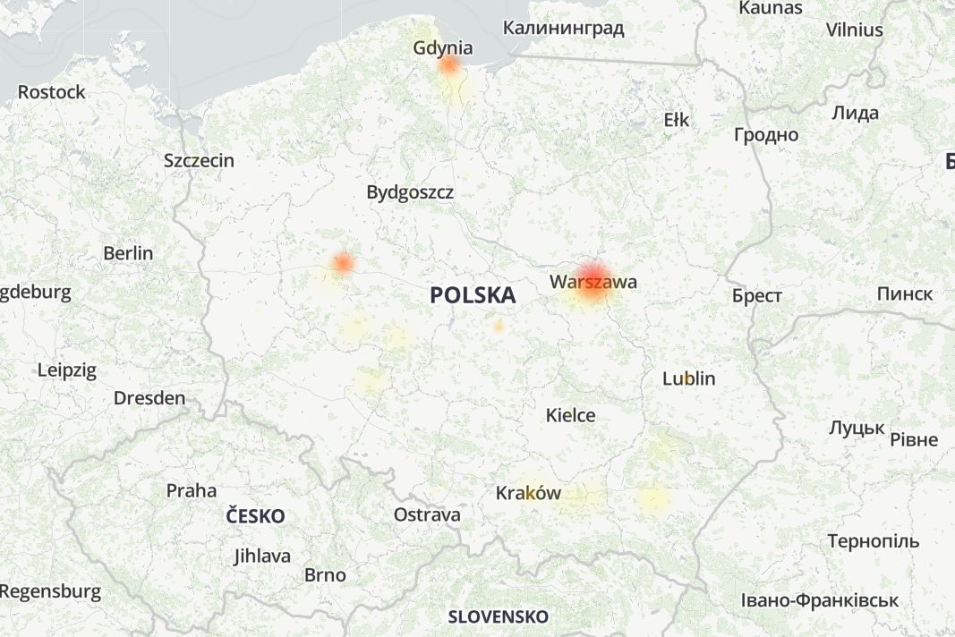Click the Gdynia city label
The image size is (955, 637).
[443, 47]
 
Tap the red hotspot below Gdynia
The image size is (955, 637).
[449, 65]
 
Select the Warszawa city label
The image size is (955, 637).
[593, 282]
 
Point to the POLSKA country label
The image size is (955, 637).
[473, 295]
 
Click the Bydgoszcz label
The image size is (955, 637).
[410, 192]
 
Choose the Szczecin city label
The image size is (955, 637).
[199, 161]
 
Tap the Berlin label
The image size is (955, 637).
[128, 253]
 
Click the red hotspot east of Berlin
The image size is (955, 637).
[342, 263]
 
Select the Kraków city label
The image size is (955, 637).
[528, 493]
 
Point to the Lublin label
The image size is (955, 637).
[688, 378]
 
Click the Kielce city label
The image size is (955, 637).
[571, 415]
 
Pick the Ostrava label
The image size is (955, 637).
[427, 514]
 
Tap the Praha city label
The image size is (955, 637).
[192, 490]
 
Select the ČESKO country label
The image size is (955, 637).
[255, 516]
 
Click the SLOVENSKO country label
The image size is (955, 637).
[498, 616]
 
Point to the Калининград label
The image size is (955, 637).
[563, 28]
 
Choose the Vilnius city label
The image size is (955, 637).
[854, 30]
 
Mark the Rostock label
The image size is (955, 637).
[52, 92]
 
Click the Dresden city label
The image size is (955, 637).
[149, 398]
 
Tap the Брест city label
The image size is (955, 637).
[756, 296]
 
